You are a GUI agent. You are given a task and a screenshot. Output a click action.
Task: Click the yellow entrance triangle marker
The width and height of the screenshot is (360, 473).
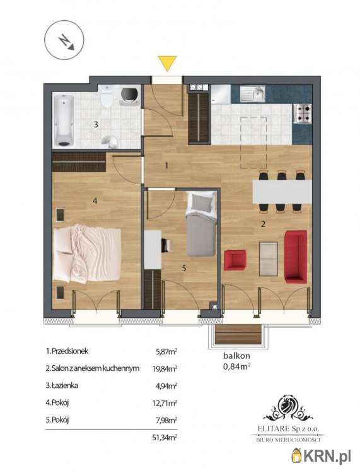(x=167, y=62)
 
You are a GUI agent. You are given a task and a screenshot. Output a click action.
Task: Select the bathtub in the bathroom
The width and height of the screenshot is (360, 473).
(x=64, y=120)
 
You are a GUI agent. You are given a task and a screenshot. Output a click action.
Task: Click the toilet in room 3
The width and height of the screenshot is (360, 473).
(x=107, y=95)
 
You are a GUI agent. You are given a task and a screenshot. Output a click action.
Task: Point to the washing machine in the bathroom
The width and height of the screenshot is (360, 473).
(x=131, y=95)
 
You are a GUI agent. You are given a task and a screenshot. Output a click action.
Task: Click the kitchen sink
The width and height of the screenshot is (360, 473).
(x=253, y=93)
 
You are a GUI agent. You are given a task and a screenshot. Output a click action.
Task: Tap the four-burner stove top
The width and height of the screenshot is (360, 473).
(x=303, y=113)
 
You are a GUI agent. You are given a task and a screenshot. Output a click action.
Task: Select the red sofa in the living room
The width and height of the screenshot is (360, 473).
(x=296, y=257)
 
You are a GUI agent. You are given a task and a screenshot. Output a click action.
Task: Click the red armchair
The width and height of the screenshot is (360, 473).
(x=235, y=260)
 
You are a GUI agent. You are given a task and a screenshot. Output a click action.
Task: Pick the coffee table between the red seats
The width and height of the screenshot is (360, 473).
(x=269, y=259)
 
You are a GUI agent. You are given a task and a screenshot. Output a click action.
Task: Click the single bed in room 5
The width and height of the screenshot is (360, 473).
(x=201, y=223)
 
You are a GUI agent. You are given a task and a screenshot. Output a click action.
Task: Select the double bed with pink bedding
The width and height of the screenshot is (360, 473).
(x=87, y=254)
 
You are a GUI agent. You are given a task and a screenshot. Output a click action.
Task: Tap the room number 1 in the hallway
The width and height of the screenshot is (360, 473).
(x=166, y=165)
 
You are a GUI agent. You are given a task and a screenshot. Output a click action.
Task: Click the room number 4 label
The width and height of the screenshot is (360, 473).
(x=95, y=201)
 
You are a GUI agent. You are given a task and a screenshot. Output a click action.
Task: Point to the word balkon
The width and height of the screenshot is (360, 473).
(x=236, y=356)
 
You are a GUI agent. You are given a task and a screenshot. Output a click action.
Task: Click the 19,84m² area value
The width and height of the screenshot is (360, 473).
(x=165, y=368)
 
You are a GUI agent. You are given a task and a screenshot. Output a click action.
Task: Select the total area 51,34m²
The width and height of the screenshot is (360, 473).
(x=165, y=438)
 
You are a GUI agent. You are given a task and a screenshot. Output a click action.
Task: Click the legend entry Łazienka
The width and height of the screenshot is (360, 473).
(x=62, y=385)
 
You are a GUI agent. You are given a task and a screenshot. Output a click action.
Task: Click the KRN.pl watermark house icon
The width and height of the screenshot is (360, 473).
(x=297, y=456)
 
